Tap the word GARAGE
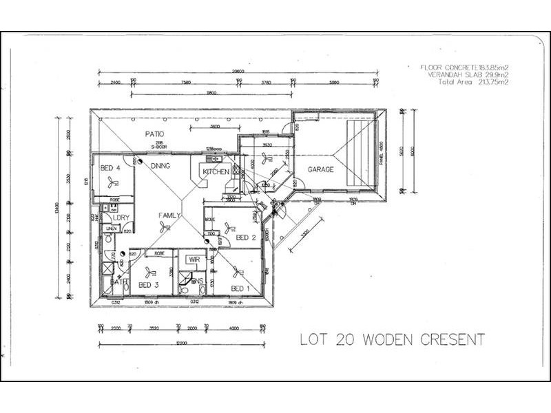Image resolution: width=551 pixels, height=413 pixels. (x=320, y=169)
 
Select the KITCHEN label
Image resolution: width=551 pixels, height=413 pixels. (x=216, y=171)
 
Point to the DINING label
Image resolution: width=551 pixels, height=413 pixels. (x=160, y=166)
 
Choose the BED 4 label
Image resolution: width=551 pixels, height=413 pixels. (x=111, y=168)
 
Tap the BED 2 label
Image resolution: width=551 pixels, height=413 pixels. (x=246, y=237)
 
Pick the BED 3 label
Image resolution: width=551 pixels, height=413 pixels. (x=149, y=284)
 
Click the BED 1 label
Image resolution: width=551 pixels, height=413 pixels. (x=239, y=288)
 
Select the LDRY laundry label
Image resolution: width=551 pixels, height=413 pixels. (x=122, y=218)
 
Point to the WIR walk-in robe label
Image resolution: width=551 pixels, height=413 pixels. (x=194, y=260)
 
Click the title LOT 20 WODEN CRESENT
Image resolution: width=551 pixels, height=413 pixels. (x=392, y=339)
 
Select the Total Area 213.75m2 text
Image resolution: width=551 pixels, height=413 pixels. (x=467, y=82)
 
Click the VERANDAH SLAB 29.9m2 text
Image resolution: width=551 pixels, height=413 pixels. (x=468, y=74)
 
